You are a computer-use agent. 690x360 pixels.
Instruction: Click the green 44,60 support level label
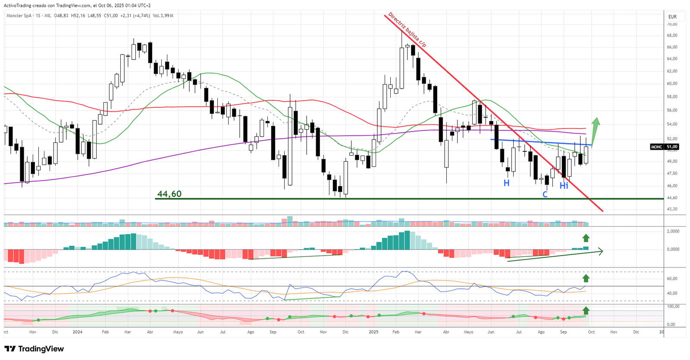pyautogui.click(x=169, y=194)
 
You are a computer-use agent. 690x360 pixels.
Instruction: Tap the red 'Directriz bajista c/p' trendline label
pyautogui.click(x=407, y=29)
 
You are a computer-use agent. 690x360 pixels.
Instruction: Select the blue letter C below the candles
pyautogui.click(x=545, y=194)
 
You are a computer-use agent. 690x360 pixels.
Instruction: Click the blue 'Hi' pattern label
pyautogui.click(x=564, y=186)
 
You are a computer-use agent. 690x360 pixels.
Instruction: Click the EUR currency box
pyautogui.click(x=672, y=17)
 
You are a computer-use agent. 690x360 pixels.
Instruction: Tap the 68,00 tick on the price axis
pyautogui.click(x=672, y=35)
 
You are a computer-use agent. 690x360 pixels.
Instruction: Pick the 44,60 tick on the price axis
pyautogui.click(x=672, y=198)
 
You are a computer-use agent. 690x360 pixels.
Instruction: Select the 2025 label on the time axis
pyautogui.click(x=373, y=332)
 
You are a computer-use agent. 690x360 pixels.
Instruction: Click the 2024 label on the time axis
pyautogui.click(x=78, y=332)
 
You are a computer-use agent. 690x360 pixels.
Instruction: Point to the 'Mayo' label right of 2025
pyautogui.click(x=468, y=332)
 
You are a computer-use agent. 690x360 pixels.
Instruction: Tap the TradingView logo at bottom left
pyautogui.click(x=34, y=349)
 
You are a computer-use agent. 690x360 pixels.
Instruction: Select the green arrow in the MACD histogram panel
pyautogui.click(x=586, y=238)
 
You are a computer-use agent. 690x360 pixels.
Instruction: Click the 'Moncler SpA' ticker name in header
pyautogui.click(x=19, y=16)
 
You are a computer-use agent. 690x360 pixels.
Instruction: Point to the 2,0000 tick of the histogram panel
pyautogui.click(x=673, y=231)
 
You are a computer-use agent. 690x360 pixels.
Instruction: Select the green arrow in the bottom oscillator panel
pyautogui.click(x=586, y=310)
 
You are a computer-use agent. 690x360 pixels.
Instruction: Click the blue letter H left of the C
pyautogui.click(x=506, y=183)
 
